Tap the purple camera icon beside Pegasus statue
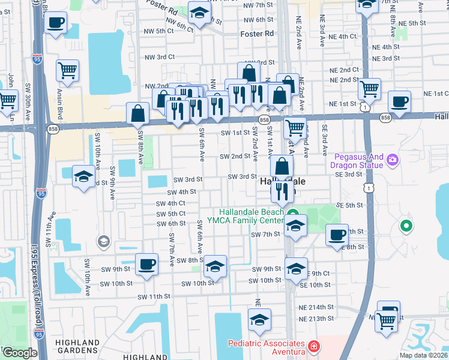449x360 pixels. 393,160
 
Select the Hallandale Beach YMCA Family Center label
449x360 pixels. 250,216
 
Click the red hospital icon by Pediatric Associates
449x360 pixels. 313,347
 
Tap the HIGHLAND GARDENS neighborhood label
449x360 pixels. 77,346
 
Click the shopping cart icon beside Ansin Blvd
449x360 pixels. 68,70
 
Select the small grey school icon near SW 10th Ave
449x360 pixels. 104,241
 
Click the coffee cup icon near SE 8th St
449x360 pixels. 337,234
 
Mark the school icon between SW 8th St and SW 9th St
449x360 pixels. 214,266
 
